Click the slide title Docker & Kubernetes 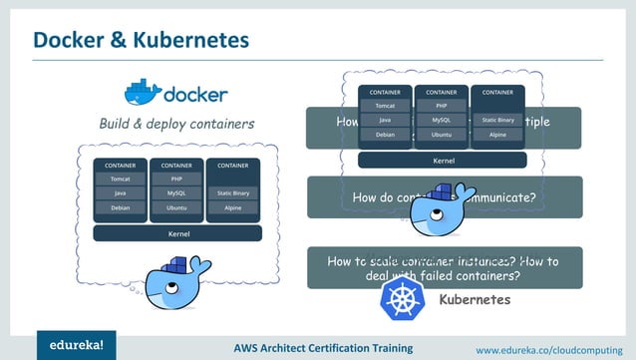click(141, 40)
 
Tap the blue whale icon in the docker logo click(143, 93)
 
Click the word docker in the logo click(195, 96)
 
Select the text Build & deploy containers click(175, 125)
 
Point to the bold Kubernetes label click(475, 299)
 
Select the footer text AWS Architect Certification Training click(323, 348)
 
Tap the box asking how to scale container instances click(444, 268)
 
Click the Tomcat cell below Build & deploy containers click(120, 180)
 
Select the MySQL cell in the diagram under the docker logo click(176, 193)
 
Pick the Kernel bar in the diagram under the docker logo click(177, 233)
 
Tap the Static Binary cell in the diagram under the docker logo click(233, 193)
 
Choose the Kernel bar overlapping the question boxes click(443, 160)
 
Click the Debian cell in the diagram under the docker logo click(120, 208)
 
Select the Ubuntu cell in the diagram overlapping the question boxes click(442, 134)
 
